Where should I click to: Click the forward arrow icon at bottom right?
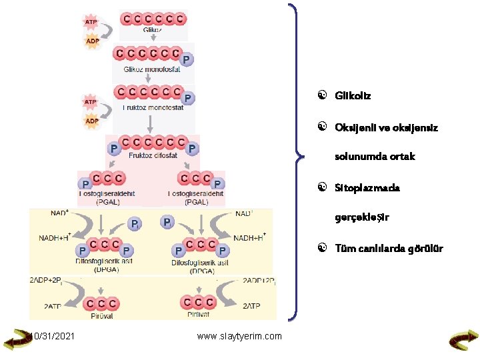462,341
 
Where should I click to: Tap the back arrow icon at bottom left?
17,341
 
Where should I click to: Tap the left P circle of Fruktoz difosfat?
114,147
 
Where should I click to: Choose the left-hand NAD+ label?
59,214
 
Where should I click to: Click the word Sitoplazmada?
368,188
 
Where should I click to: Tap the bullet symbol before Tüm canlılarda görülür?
321,249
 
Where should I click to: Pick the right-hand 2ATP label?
253,306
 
